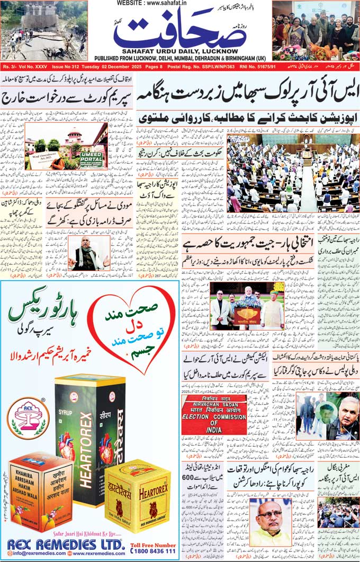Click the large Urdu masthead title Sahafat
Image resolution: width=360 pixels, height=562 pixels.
coord(180,33)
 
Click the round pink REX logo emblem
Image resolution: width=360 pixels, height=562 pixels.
coord(29,415)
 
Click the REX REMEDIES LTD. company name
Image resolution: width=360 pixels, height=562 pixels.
coord(66,544)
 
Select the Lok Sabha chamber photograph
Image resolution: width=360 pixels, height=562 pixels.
coord(293,173)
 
